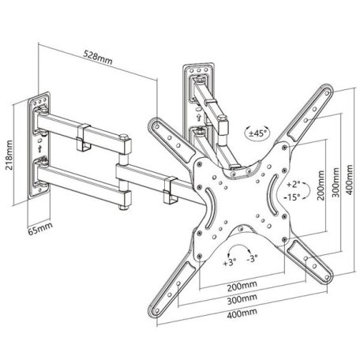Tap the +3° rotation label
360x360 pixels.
pyautogui.click(x=231, y=260)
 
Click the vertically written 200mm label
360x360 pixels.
pyautogui.click(x=321, y=189)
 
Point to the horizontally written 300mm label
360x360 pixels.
pyautogui.click(x=242, y=300)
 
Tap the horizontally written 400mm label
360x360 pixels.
pyautogui.click(x=242, y=314)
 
